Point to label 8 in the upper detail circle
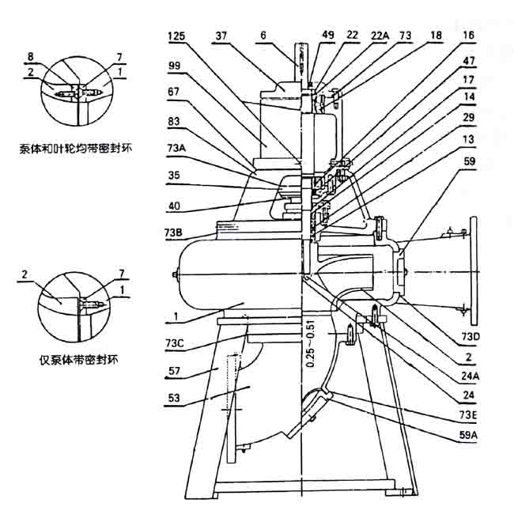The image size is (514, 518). pyautogui.click(x=29, y=57)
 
